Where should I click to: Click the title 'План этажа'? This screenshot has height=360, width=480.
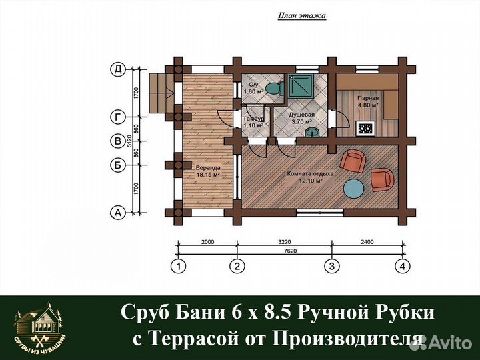(x=301, y=15)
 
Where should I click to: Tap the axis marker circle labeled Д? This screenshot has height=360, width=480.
(x=118, y=69)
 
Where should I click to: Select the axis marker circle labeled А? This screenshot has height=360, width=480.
(x=118, y=213)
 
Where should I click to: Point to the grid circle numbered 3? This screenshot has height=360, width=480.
(x=329, y=267)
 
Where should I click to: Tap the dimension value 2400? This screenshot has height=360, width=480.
(x=368, y=243)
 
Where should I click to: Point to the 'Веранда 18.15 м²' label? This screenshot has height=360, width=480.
(x=208, y=171)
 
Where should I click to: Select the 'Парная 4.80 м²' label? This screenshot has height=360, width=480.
(x=367, y=101)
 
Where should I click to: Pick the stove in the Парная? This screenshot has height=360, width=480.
(x=367, y=127)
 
